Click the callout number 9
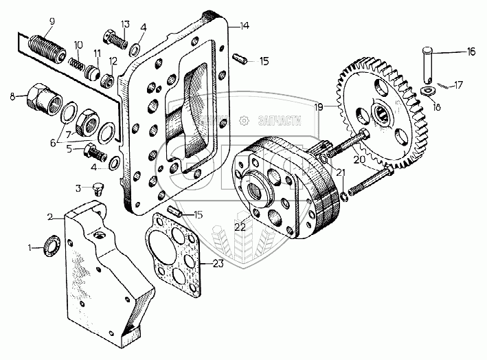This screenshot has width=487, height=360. (50, 21)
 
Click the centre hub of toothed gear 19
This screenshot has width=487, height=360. (381, 111)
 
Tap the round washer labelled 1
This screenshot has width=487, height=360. (52, 245)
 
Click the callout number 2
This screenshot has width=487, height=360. (51, 216)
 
